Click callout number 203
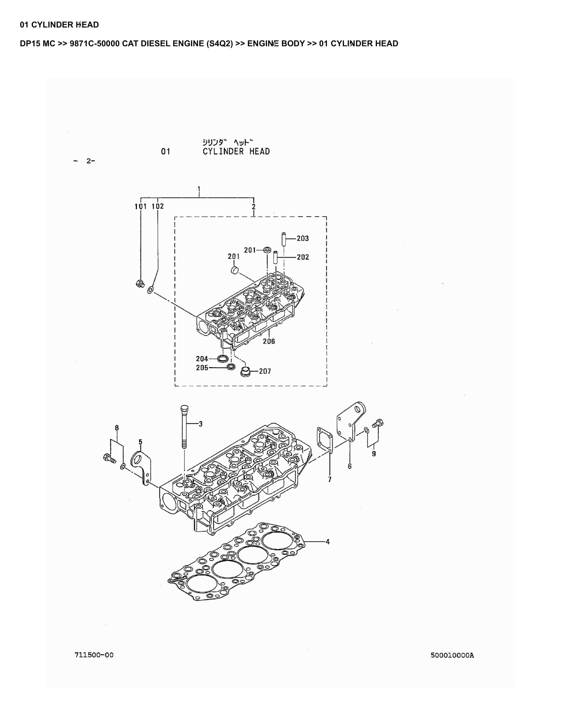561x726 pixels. click(302, 238)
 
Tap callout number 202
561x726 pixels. click(302, 257)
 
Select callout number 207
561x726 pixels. click(265, 371)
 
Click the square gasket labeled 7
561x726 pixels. click(325, 440)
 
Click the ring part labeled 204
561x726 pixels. click(223, 359)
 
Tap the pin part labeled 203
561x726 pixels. click(284, 239)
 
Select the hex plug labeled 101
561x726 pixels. click(140, 283)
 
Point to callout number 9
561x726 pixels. click(374, 454)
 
